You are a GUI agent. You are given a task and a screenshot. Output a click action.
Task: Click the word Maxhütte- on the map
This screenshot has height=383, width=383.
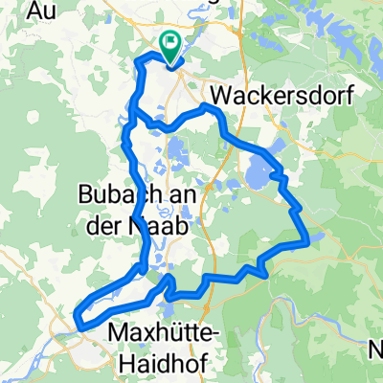tap(167, 332)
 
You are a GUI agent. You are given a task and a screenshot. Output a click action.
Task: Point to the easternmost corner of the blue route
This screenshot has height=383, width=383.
tap(308, 241)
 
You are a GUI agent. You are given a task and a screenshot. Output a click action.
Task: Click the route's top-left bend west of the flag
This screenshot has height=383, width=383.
tap(141, 62)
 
